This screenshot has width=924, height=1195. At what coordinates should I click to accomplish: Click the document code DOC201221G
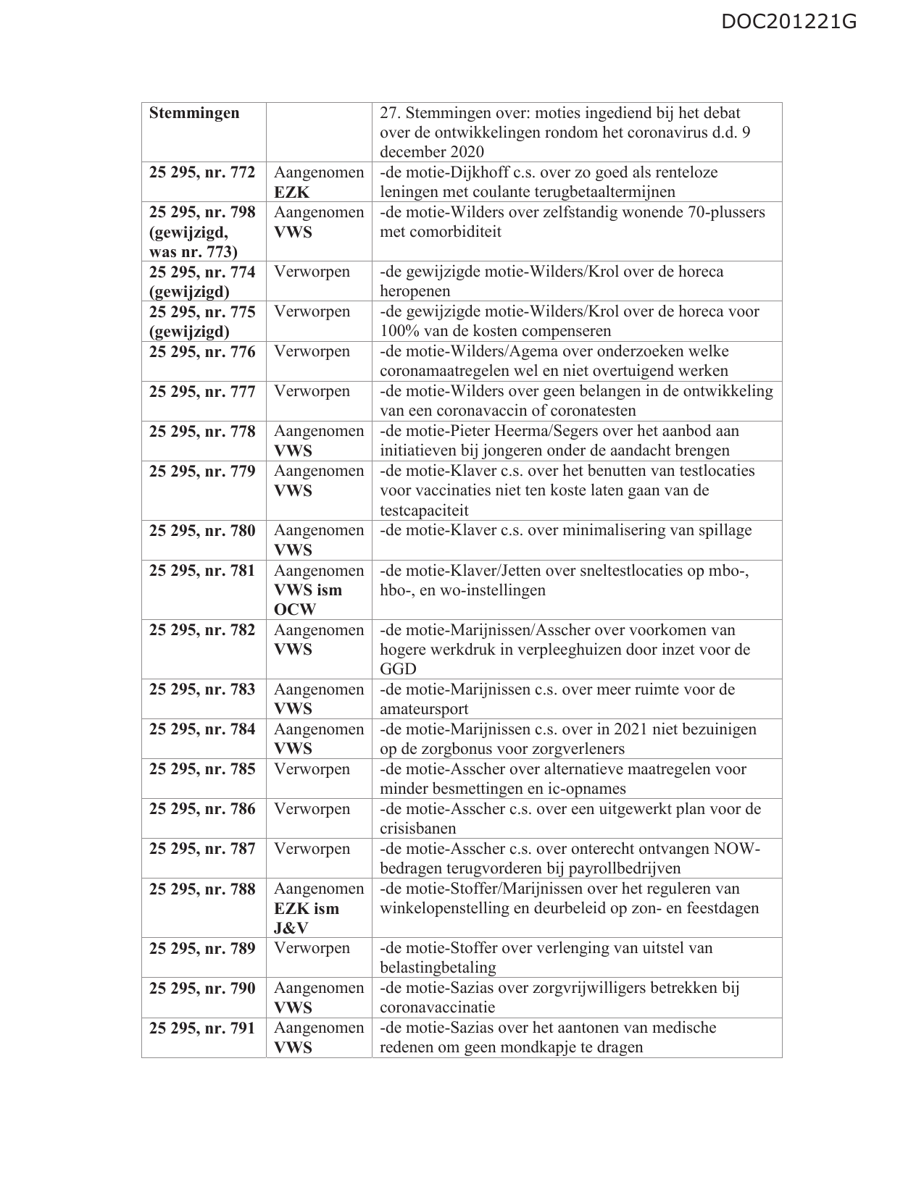click(789, 22)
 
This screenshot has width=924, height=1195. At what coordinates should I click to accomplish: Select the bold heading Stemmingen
click(194, 114)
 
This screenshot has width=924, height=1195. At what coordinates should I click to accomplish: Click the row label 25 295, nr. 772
click(202, 173)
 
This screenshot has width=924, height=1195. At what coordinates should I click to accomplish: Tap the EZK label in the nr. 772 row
click(291, 193)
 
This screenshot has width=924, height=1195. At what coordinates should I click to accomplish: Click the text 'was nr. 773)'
click(193, 252)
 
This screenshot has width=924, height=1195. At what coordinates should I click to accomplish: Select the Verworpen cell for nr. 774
click(312, 272)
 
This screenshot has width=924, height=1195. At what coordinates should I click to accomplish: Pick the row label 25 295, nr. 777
click(202, 392)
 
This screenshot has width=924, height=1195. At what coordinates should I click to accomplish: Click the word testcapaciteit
click(424, 511)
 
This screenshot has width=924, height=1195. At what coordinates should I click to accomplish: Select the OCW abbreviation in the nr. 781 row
click(295, 610)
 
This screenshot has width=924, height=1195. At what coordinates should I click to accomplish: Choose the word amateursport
click(424, 710)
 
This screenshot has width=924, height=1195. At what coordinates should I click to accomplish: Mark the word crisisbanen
click(417, 829)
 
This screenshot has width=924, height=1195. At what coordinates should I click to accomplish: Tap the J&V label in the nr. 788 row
click(291, 928)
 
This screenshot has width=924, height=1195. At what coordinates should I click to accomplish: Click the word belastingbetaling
click(438, 968)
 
